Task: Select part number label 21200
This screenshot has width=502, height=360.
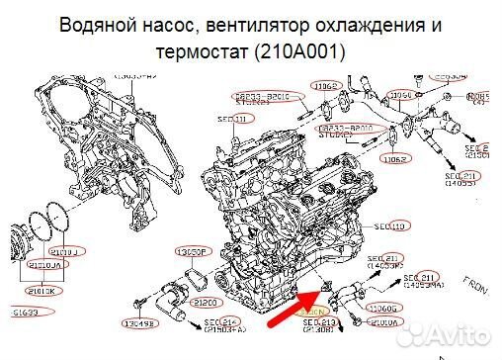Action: click(x=205, y=302)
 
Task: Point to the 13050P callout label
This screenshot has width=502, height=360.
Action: click(x=190, y=251)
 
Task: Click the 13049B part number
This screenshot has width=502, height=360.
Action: click(x=138, y=323)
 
